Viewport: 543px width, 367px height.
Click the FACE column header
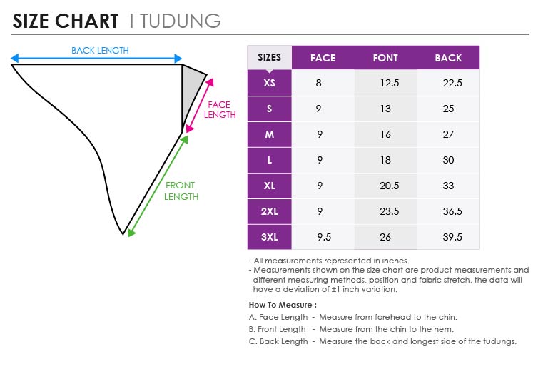point(323,58)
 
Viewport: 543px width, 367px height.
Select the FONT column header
point(385,58)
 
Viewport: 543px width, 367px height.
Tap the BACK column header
point(448,58)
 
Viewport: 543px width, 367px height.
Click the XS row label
point(270,83)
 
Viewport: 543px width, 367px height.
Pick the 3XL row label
point(270,237)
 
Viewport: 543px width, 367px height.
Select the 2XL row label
point(270,211)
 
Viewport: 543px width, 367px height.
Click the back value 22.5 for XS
point(452,83)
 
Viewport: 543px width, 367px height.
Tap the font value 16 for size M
point(385,134)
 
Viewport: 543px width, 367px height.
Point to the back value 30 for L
point(448,160)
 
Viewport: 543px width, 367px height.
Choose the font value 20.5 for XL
point(390,186)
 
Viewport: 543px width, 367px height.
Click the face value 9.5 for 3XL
point(324,237)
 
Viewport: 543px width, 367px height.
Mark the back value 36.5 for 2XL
point(452,211)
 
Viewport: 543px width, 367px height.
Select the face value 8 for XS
point(319,83)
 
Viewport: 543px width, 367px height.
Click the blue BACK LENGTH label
point(100,51)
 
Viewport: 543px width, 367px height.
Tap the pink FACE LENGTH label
point(220,109)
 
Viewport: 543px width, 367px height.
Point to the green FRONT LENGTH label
point(181,191)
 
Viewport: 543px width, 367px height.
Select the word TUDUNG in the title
point(181,21)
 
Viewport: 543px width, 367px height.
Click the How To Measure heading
point(283,305)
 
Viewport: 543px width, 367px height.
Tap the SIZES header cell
point(269,57)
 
